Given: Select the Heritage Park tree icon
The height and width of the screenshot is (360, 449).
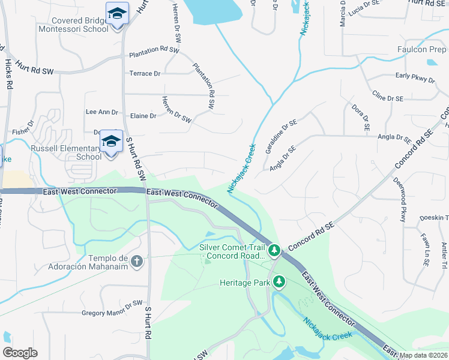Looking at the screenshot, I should click(279, 281).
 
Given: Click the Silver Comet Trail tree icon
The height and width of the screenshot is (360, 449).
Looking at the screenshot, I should click(274, 248).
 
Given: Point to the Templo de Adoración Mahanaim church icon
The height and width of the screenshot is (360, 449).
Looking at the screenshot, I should click(137, 261).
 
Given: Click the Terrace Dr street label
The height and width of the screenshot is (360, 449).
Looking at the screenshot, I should click(145, 74).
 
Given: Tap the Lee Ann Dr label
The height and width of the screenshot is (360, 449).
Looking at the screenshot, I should click(102, 112).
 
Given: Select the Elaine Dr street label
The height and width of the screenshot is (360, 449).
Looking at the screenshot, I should click(143, 116).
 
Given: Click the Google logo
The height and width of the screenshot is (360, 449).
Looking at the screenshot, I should click(20, 353).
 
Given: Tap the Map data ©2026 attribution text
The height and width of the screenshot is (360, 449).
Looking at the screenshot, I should click(423, 356).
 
